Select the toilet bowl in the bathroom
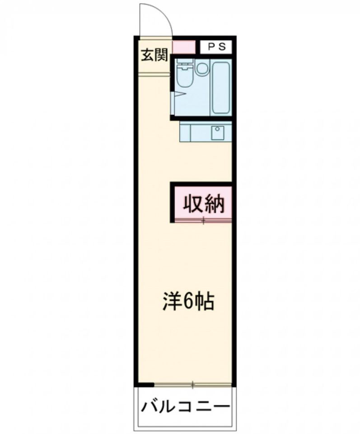184,79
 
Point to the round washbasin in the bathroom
202,69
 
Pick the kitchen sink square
218,133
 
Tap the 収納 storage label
203,204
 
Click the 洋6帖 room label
188,302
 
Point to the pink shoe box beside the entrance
183,47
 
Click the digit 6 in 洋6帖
188,302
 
